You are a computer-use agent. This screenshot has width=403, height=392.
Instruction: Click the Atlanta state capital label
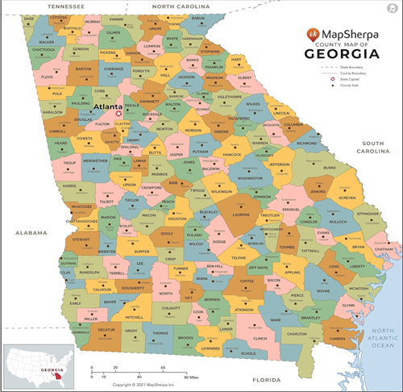(108, 106)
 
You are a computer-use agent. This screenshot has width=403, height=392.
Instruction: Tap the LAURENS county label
(240, 215)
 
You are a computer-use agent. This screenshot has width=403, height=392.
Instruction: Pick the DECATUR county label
(106, 330)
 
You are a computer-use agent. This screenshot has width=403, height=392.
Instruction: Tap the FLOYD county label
(48, 78)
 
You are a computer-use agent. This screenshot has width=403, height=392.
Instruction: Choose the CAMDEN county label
(337, 338)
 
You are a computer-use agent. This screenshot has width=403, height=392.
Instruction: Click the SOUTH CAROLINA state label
(379, 146)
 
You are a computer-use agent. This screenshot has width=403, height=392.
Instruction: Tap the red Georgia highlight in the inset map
(56, 377)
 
